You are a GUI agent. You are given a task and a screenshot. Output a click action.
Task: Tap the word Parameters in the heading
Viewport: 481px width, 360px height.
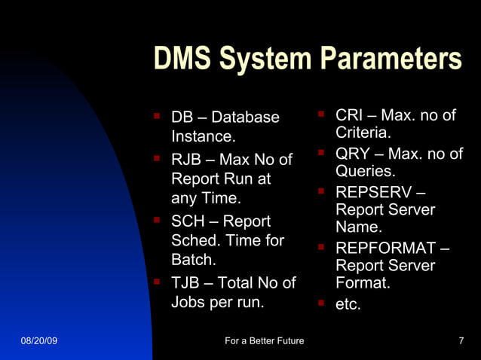391,59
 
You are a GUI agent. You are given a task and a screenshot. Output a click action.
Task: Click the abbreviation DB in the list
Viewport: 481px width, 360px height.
182,117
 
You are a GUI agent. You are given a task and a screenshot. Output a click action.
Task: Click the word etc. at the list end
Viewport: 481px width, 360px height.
348,305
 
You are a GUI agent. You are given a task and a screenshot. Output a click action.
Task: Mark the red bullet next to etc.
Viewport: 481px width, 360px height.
320,304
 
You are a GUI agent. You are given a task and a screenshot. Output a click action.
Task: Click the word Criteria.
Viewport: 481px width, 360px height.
363,133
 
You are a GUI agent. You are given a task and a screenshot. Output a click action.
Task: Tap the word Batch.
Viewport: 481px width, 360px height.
194,260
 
